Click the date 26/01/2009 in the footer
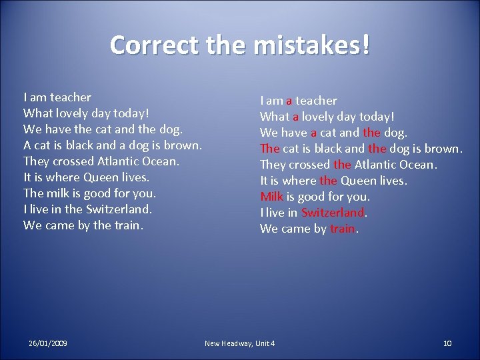tap(47, 343)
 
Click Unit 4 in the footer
tap(264, 343)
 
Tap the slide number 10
tap(447, 343)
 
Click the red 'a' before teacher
tap(289, 101)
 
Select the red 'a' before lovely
tap(295, 117)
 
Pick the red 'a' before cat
tap(314, 133)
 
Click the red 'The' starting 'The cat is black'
tap(269, 149)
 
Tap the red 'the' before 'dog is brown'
tap(377, 149)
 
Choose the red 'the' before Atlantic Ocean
tap(342, 165)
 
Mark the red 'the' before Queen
tap(328, 181)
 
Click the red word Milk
tap(272, 197)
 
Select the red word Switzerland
tap(333, 213)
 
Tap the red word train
tap(343, 229)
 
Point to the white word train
tap(127, 225)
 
